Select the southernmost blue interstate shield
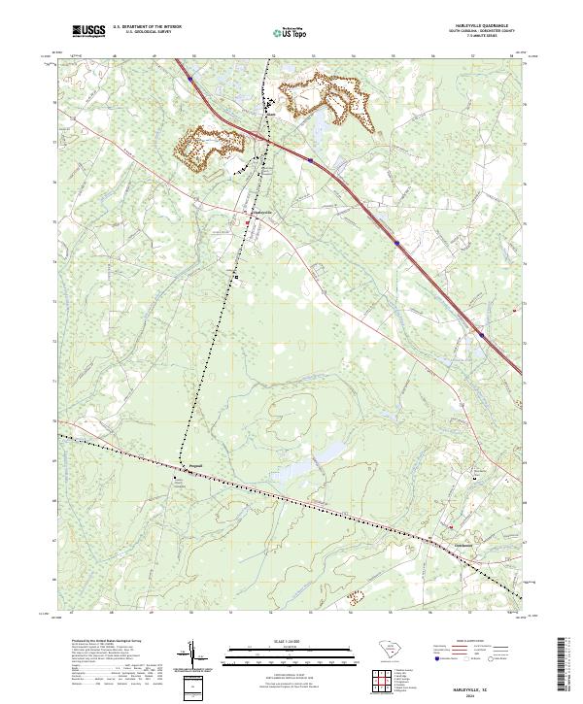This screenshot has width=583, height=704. (x=481, y=336)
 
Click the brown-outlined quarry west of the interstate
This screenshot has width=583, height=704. (x=208, y=147)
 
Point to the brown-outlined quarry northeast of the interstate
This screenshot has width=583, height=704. (x=325, y=98)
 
